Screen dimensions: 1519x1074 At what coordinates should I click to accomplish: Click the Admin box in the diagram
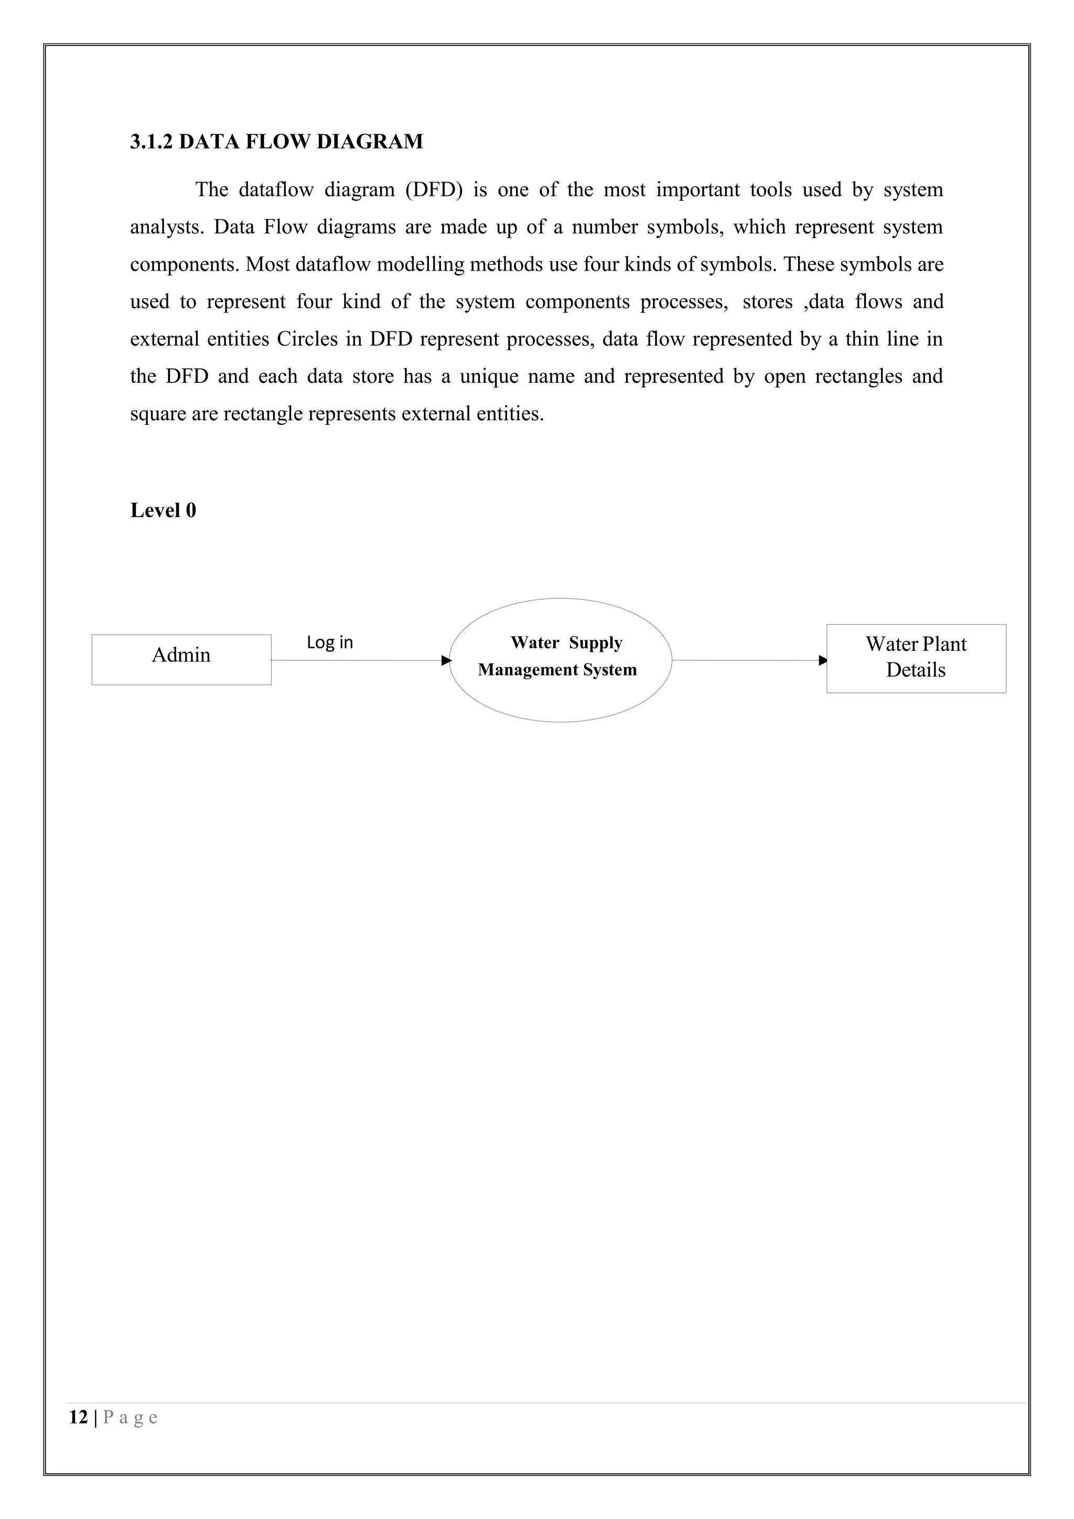pyautogui.click(x=181, y=660)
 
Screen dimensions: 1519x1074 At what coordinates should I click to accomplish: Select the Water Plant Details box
pyautogui.click(x=916, y=658)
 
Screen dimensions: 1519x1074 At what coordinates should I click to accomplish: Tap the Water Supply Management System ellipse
pyautogui.click(x=560, y=694)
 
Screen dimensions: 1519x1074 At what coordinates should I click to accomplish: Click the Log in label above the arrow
pyautogui.click(x=329, y=643)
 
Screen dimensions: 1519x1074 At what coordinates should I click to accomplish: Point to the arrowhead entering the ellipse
pyautogui.click(x=446, y=660)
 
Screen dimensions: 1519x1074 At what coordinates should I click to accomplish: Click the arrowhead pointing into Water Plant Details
pyautogui.click(x=823, y=660)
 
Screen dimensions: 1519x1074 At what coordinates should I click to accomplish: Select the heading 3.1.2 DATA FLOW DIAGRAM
pyautogui.click(x=276, y=142)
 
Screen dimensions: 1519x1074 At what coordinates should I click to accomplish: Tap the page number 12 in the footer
pyautogui.click(x=78, y=1417)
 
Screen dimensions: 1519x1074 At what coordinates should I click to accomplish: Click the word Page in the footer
pyautogui.click(x=130, y=1417)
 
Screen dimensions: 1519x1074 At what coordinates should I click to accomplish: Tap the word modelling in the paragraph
pyautogui.click(x=420, y=265)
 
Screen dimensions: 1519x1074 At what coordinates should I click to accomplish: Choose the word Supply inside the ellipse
pyautogui.click(x=595, y=643)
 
